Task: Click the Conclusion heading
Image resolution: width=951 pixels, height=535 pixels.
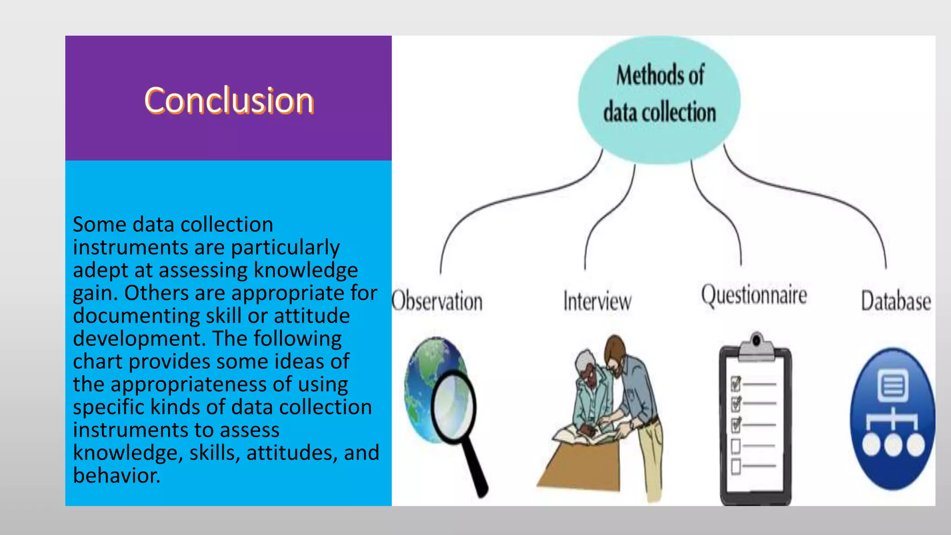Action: (x=229, y=100)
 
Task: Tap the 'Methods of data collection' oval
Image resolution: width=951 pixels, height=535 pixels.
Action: (x=659, y=100)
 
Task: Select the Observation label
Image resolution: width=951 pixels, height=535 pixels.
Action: (x=437, y=301)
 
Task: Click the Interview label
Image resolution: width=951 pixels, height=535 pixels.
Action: (x=597, y=301)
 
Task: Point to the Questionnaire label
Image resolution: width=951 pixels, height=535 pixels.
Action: (x=754, y=296)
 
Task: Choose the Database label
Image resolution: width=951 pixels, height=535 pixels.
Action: (x=896, y=301)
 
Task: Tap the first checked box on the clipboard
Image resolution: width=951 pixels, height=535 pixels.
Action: (x=736, y=385)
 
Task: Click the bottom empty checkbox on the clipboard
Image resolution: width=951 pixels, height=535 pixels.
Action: (x=736, y=466)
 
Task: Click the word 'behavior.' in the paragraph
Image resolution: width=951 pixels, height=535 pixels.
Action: (x=117, y=476)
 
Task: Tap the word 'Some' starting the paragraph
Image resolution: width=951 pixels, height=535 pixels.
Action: (x=99, y=225)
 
